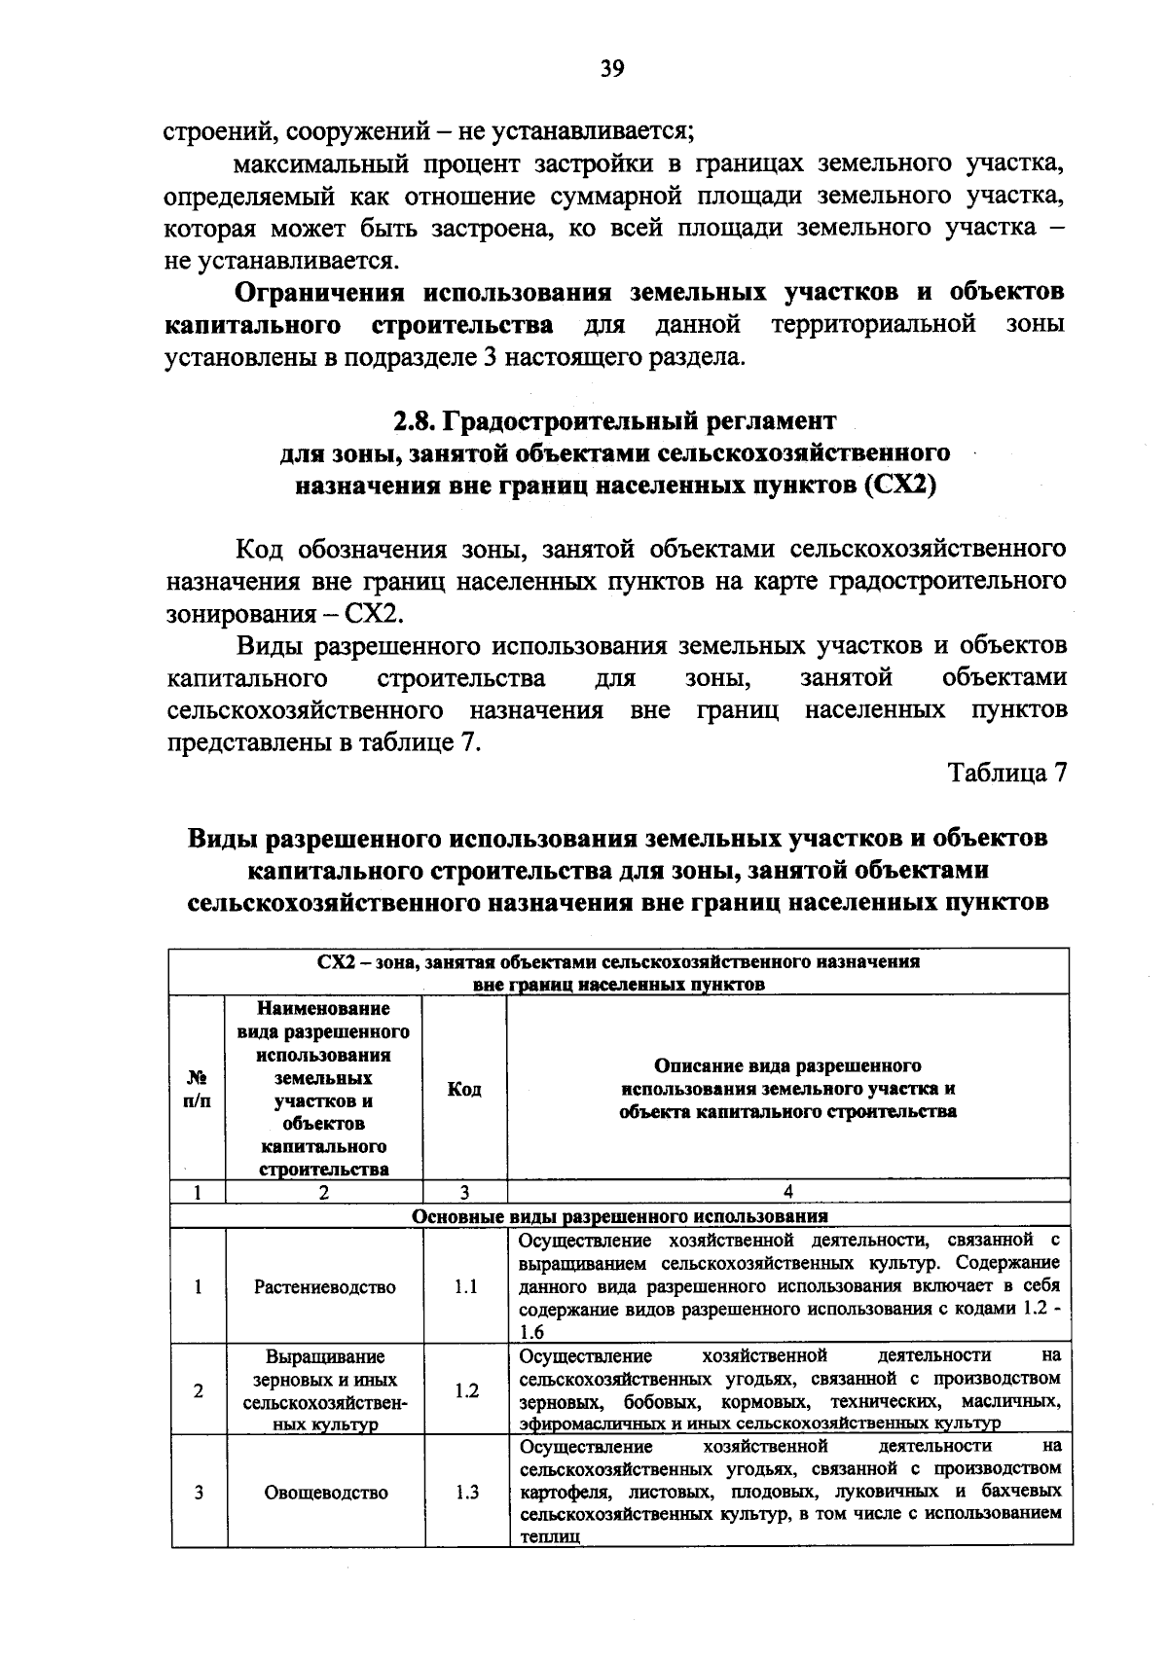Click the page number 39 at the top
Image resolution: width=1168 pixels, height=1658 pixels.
[x=611, y=68]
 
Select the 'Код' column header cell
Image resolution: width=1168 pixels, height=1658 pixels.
[x=464, y=1089]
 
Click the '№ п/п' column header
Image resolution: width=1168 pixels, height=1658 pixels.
[x=197, y=1089]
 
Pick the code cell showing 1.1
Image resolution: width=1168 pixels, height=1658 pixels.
[x=465, y=1286]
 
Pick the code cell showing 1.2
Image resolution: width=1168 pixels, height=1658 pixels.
[x=465, y=1390]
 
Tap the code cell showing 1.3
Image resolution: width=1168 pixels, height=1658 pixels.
[x=465, y=1492]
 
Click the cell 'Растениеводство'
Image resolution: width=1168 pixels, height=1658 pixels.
[x=325, y=1286]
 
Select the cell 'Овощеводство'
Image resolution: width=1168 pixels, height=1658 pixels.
[x=325, y=1492]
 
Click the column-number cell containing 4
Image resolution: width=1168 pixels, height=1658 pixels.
[x=788, y=1191]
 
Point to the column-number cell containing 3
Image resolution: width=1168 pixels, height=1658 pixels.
[x=465, y=1191]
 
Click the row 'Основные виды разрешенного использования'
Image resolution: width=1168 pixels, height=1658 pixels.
[x=620, y=1215]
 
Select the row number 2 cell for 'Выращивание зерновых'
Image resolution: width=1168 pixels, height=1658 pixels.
[x=198, y=1390]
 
